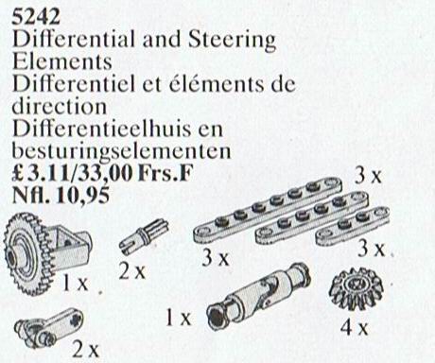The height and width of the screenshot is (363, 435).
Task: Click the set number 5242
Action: [36, 17]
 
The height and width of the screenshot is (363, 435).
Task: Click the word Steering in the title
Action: [232, 40]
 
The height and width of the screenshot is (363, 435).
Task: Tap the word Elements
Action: [61, 61]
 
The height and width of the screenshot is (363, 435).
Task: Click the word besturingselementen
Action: [121, 150]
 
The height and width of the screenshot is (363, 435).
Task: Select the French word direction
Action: [60, 106]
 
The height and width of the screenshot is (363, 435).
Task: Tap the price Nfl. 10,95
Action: [61, 196]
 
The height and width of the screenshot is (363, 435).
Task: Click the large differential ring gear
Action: [26, 252]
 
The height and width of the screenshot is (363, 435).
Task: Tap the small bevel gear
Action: [357, 291]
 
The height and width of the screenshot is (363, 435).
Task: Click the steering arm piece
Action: [49, 328]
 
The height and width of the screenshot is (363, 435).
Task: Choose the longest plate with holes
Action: [268, 210]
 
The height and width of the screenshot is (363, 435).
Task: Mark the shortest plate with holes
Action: [353, 226]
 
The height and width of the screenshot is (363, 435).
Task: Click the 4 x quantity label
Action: [355, 328]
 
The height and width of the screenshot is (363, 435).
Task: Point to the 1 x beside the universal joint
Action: [179, 318]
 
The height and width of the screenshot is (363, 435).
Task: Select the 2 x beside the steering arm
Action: [85, 349]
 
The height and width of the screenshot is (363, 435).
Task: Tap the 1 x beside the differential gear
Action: [75, 283]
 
